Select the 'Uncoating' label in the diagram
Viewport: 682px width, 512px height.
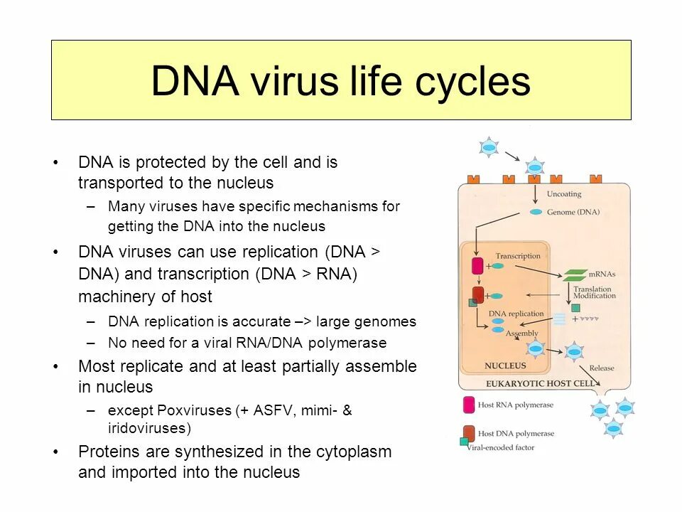tap(563, 193)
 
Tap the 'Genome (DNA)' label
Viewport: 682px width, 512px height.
tap(573, 213)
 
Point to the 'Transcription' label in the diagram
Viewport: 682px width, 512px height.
tap(517, 256)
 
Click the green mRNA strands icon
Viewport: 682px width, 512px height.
tap(575, 274)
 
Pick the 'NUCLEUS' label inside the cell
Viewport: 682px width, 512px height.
tap(505, 366)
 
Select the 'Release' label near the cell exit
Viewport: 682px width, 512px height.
tap(601, 368)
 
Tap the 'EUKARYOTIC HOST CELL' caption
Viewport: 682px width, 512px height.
tap(541, 383)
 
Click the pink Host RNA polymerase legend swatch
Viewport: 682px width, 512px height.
tap(469, 405)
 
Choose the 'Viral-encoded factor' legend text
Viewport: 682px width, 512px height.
tap(506, 447)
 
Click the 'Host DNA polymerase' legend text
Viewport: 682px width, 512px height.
tap(516, 433)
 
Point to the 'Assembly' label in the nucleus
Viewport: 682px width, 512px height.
tap(522, 333)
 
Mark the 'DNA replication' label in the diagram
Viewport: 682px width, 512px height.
tap(516, 314)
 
